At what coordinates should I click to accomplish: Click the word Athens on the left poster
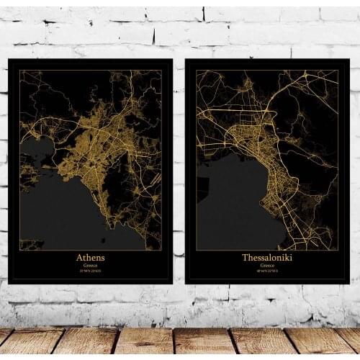(x=91, y=257)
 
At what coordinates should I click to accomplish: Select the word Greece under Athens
(x=91, y=265)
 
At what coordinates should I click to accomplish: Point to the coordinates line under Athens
(x=91, y=271)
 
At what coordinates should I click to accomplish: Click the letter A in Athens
(x=78, y=257)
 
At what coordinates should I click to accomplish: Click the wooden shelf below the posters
(x=180, y=342)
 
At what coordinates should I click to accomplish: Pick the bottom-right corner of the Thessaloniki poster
(x=348, y=283)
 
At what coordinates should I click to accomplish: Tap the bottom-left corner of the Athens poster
(x=9, y=283)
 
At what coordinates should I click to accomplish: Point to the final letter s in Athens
(x=103, y=257)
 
